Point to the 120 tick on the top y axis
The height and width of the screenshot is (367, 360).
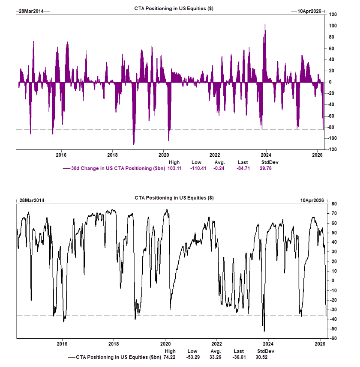click(x=332, y=15)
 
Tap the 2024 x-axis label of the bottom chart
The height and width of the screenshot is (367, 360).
click(x=268, y=344)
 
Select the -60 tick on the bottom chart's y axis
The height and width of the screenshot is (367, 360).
click(x=332, y=338)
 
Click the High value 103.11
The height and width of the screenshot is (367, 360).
click(x=174, y=168)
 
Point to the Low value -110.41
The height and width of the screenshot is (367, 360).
click(x=196, y=168)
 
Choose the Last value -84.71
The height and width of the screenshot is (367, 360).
click(x=243, y=168)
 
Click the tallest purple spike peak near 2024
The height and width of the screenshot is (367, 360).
click(x=265, y=24)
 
